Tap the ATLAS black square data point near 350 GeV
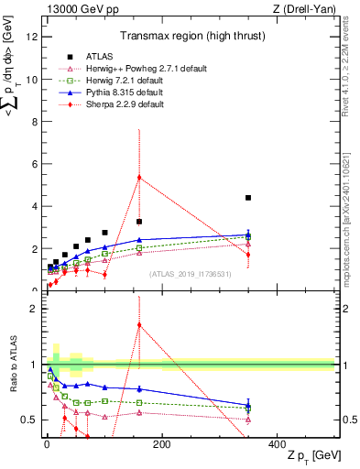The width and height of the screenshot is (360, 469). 248,198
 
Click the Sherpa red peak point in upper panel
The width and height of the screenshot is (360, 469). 139,178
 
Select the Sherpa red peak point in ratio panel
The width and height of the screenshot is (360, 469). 139,324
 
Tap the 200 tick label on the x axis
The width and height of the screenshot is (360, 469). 161,444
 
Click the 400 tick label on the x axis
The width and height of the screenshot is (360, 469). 277,444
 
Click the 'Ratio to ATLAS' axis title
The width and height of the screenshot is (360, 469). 12,364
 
